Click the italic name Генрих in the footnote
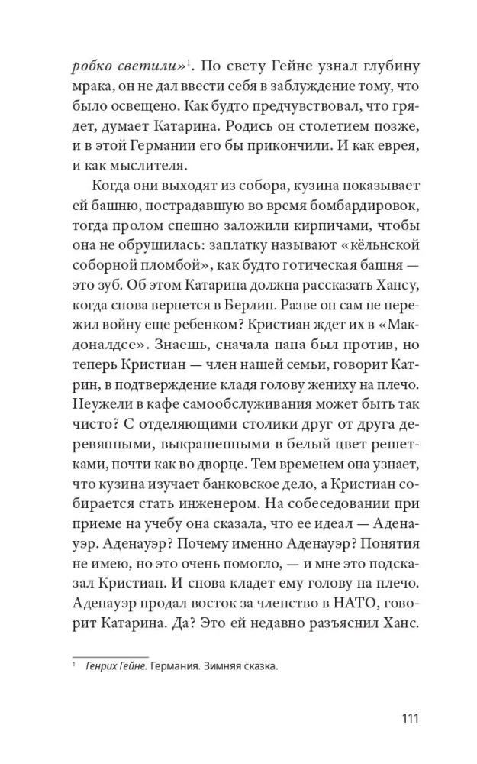pyautogui.click(x=102, y=667)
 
